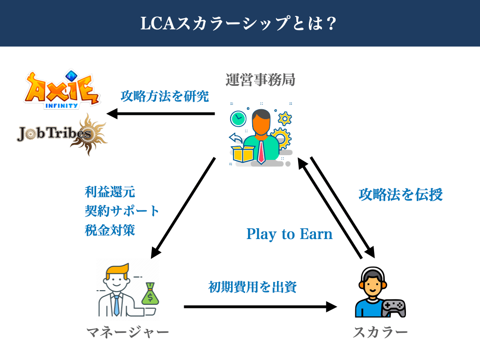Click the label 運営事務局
tap(260, 80)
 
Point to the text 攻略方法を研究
tap(165, 96)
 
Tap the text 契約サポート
tap(122, 210)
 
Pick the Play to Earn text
tap(289, 234)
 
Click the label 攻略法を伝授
tap(400, 194)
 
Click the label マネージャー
tap(127, 333)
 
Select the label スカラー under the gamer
tap(380, 333)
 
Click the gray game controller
tap(393, 307)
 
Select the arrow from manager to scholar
tap(260, 307)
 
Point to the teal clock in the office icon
tap(238, 118)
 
